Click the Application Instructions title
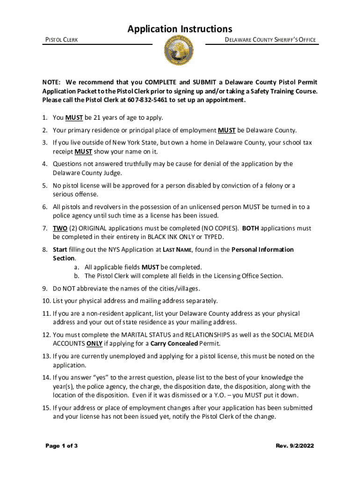pos(180,29)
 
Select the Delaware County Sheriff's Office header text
pos(271,40)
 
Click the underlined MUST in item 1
pos(74,117)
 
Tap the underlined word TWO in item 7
pos(60,228)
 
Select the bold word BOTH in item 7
pos(250,228)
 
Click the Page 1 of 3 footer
pos(61,446)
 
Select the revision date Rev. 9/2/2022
pos(295,446)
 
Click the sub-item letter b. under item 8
pos(76,276)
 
